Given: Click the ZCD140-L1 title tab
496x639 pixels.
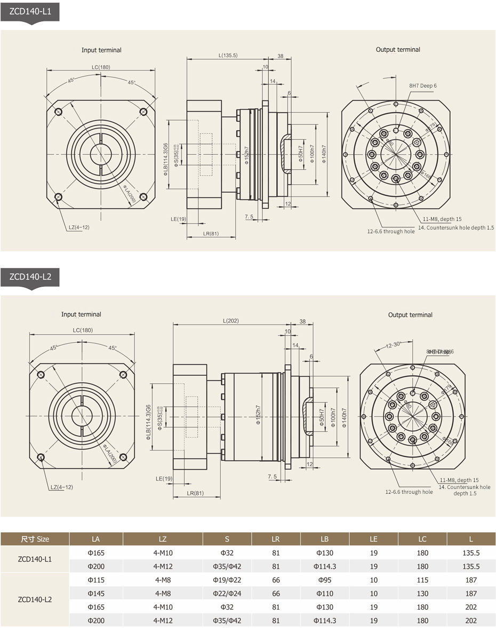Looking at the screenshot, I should pyautogui.click(x=30, y=11).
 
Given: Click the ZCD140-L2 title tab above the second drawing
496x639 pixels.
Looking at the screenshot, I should pyautogui.click(x=30, y=277).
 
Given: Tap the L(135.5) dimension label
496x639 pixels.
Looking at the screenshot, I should pyautogui.click(x=228, y=55).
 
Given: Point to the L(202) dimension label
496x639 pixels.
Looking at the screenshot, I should pyautogui.click(x=230, y=321).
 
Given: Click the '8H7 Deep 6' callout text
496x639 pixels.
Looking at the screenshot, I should pyautogui.click(x=423, y=85).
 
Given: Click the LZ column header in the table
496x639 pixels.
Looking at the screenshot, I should pyautogui.click(x=163, y=539).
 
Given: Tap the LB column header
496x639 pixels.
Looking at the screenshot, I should pyautogui.click(x=324, y=539).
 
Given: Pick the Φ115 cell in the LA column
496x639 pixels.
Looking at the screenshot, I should pyautogui.click(x=96, y=580).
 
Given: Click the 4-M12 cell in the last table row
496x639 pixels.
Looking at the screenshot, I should pyautogui.click(x=163, y=620).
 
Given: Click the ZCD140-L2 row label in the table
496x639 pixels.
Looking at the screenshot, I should pyautogui.click(x=35, y=600).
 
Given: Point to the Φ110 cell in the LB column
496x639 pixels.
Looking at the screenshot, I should pyautogui.click(x=324, y=593).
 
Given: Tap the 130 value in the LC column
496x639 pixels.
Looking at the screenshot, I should pyautogui.click(x=422, y=593).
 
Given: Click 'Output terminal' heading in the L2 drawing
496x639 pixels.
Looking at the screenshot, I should pyautogui.click(x=410, y=315).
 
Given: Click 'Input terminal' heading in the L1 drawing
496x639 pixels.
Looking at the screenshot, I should pyautogui.click(x=101, y=50).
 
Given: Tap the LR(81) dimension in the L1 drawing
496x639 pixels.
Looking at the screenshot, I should pyautogui.click(x=211, y=234).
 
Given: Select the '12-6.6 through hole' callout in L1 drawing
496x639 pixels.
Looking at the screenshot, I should pyautogui.click(x=390, y=232).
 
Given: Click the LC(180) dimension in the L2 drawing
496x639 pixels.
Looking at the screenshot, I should pyautogui.click(x=83, y=330).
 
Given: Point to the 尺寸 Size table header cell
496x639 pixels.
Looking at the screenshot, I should pyautogui.click(x=35, y=539).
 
